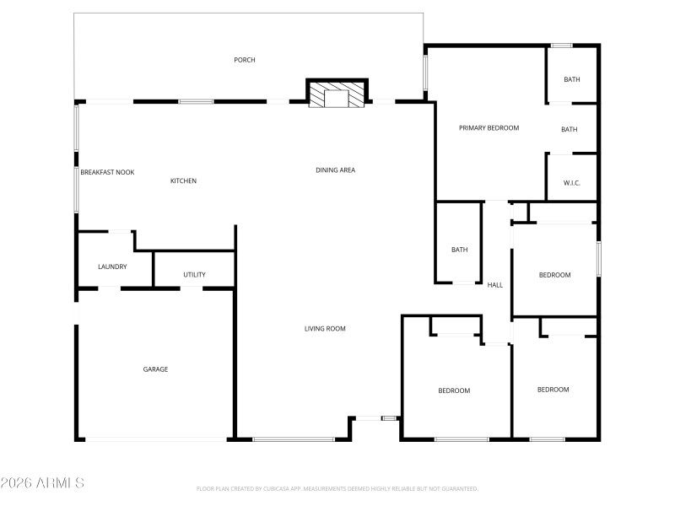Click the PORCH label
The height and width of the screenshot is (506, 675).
tap(245, 60)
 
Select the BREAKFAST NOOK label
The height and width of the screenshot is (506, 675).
tap(107, 172)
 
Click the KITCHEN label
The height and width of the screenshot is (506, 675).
tap(183, 180)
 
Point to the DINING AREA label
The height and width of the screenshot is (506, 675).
tap(335, 170)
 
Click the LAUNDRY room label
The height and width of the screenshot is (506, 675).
tap(112, 266)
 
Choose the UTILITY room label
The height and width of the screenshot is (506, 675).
tap(194, 275)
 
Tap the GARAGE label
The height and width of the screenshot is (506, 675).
tap(155, 369)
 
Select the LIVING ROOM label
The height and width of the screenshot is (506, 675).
tap(325, 329)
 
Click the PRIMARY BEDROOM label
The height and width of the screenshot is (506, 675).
tap(489, 128)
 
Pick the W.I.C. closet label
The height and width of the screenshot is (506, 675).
tap(571, 183)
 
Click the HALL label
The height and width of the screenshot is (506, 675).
tap(495, 285)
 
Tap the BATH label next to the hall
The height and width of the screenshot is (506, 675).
tap(459, 250)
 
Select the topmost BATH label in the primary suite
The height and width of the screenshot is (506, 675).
tap(571, 79)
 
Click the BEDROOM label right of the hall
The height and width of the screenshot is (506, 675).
tap(554, 275)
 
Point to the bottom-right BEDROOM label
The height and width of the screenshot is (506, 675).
tap(553, 390)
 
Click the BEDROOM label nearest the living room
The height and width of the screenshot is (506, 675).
tap(453, 390)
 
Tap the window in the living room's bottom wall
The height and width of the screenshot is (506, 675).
tap(294, 439)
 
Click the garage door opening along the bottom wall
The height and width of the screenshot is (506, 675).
tap(155, 439)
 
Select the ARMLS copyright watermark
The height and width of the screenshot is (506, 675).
tap(42, 483)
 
